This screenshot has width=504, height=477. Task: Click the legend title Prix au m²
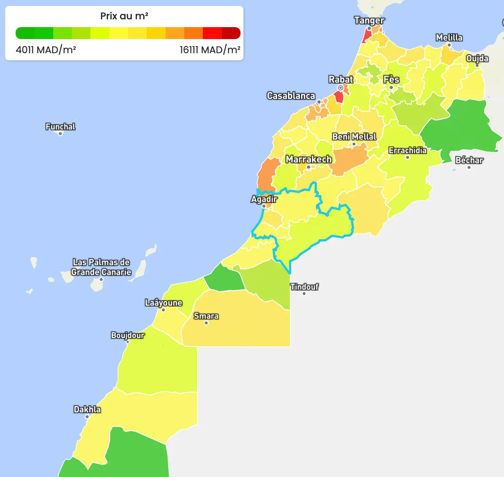[x=124, y=16]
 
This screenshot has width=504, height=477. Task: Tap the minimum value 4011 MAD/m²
[x=46, y=50]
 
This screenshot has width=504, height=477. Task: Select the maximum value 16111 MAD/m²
[x=210, y=50]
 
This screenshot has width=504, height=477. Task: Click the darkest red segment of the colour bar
[x=231, y=33]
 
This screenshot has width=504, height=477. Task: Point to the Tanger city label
[x=369, y=20]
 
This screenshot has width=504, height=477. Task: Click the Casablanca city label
[x=291, y=96]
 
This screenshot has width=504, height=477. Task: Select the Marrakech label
[x=308, y=159]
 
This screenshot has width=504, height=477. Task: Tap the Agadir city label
[x=264, y=199]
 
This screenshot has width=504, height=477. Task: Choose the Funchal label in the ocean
[x=60, y=127]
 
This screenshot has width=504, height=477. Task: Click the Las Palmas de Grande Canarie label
[x=101, y=267]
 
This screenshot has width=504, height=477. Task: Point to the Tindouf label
[x=304, y=287]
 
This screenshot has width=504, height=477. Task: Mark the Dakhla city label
[x=87, y=410]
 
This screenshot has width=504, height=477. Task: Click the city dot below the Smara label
[x=206, y=323]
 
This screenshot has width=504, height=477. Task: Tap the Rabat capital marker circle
[x=340, y=88]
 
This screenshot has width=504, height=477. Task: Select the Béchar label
[x=469, y=160]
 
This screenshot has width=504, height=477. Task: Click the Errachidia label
[x=408, y=150]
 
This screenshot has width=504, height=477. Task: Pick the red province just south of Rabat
[x=339, y=97]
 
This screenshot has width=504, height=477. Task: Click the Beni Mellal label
[x=354, y=137]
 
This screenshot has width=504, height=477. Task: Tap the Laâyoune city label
[x=163, y=303]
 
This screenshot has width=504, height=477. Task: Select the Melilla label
[x=449, y=38]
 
